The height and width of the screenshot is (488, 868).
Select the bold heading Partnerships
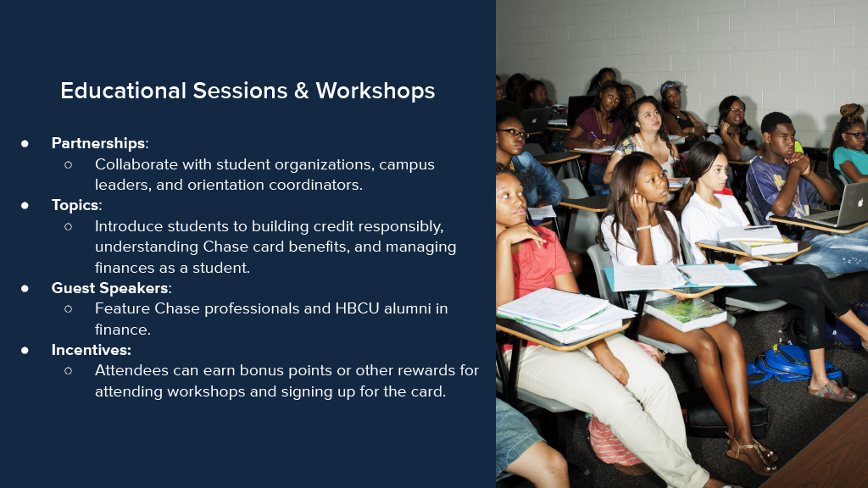(x=98, y=144)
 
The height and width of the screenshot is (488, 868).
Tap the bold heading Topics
(x=75, y=205)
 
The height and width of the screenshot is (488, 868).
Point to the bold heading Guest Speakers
(x=109, y=288)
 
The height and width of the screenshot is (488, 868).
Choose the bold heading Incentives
(x=92, y=350)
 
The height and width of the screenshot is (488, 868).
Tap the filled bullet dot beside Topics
(x=25, y=205)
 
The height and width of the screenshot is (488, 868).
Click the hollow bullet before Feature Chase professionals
(x=68, y=308)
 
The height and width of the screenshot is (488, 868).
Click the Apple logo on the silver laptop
(x=860, y=203)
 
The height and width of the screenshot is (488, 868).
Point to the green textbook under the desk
(x=686, y=313)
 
